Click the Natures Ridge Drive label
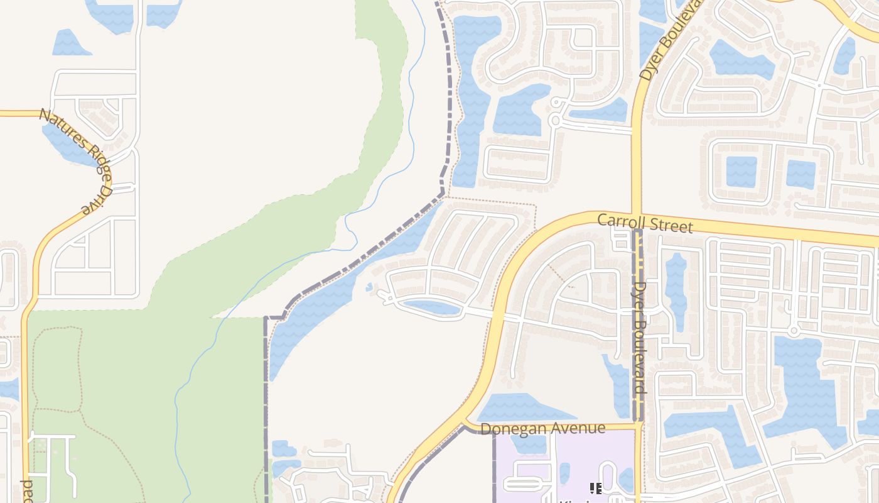75,160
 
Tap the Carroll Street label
645,223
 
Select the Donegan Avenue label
542,429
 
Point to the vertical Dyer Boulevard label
639,337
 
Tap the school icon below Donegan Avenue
595,488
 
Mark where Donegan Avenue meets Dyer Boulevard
639,425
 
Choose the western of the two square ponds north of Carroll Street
741,171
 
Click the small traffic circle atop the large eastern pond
794,330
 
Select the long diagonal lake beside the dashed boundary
339,289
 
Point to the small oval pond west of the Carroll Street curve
432,307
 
